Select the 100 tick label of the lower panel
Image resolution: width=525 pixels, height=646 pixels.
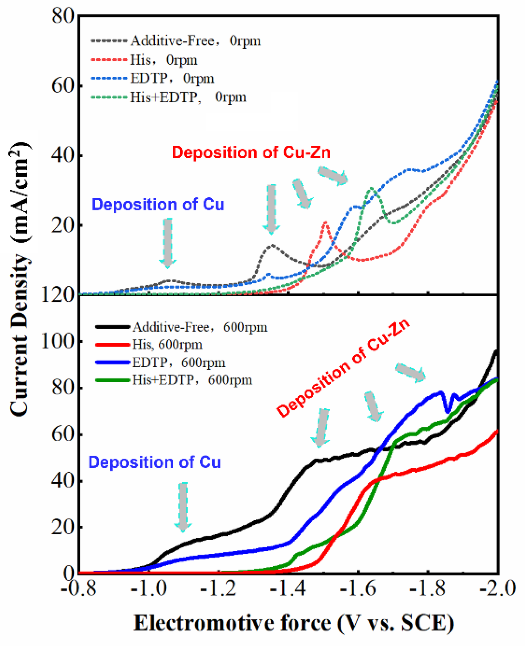[58, 341]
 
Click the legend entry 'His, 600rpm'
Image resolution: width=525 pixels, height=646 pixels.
[167, 344]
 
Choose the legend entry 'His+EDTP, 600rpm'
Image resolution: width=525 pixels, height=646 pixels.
[192, 380]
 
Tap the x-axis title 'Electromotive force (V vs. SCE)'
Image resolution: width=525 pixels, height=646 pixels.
[294, 623]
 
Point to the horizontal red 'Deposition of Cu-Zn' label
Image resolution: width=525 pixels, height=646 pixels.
[251, 152]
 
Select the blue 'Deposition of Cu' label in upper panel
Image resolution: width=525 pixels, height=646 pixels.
[158, 204]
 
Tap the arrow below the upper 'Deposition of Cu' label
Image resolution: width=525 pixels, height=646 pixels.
[168, 243]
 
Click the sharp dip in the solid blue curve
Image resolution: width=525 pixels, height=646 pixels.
[447, 411]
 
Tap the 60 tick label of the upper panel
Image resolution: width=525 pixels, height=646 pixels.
[62, 86]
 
